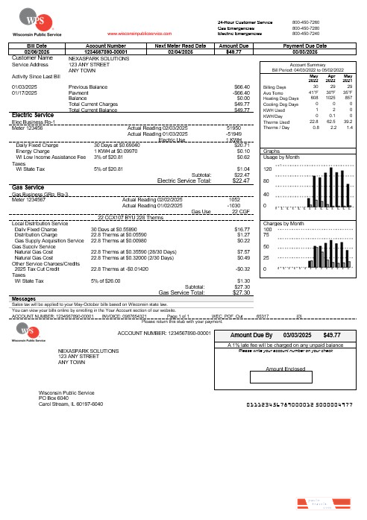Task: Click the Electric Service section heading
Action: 33,114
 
